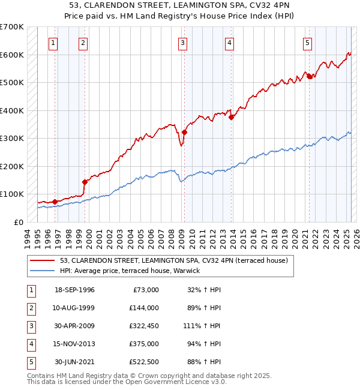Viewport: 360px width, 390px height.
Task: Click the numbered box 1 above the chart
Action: (x=54, y=43)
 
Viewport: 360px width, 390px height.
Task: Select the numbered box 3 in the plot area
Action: (x=182, y=43)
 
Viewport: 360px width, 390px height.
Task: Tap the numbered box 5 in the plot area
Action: (x=307, y=43)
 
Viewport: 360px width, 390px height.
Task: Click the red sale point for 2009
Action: (x=184, y=133)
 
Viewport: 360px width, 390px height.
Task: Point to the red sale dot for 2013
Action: (x=231, y=118)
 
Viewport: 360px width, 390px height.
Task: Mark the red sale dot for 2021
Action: (x=310, y=76)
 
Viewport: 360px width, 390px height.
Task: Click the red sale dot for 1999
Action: (x=85, y=182)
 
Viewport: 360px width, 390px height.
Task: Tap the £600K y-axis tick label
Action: (x=12, y=55)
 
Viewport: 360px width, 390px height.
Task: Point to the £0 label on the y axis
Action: (x=18, y=222)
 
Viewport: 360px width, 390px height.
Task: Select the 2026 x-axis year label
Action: (x=355, y=236)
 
